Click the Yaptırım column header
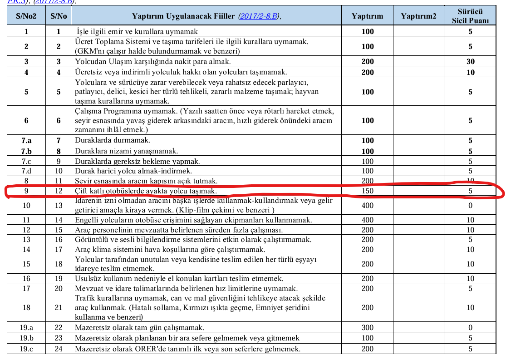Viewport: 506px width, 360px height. pyautogui.click(x=367, y=16)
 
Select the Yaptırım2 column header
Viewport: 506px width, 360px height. pyautogui.click(x=418, y=16)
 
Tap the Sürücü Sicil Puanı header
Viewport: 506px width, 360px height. pyautogui.click(x=470, y=16)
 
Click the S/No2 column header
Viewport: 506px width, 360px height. pyautogui.click(x=26, y=16)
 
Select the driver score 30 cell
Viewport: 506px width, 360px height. pyautogui.click(x=470, y=61)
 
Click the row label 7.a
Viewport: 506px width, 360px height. pyautogui.click(x=26, y=141)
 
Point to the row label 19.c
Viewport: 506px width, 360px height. pyautogui.click(x=26, y=349)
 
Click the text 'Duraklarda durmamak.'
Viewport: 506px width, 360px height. pyautogui.click(x=112, y=141)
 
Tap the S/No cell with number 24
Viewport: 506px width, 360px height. pyautogui.click(x=59, y=349)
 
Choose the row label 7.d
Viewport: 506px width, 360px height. pyautogui.click(x=26, y=171)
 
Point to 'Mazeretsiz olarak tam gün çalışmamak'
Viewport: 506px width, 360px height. pyautogui.click(x=139, y=327)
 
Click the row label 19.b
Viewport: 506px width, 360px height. pyautogui.click(x=26, y=338)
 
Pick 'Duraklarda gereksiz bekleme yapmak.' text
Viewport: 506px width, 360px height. pyautogui.click(x=138, y=161)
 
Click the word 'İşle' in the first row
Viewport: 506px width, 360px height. pyautogui.click(x=84, y=32)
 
